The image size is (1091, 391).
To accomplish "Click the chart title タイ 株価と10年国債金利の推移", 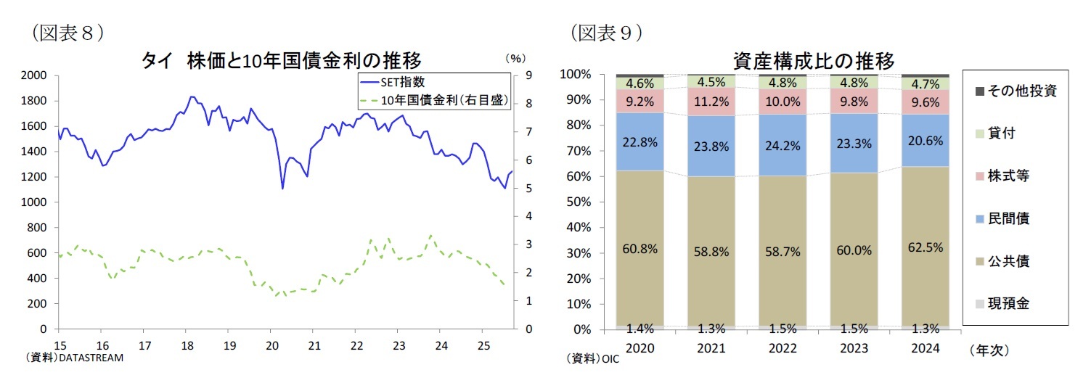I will (281, 60).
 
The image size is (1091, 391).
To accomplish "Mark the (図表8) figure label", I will (64, 33).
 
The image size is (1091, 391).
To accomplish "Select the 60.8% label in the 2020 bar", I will (640, 249).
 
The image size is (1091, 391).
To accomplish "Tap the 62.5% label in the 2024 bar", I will (925, 247).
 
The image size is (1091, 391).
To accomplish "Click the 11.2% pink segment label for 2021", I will (711, 101).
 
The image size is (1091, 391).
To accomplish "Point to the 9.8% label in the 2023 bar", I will (854, 101).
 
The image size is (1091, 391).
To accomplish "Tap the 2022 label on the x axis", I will (782, 348).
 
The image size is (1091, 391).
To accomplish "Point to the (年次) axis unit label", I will (989, 350).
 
